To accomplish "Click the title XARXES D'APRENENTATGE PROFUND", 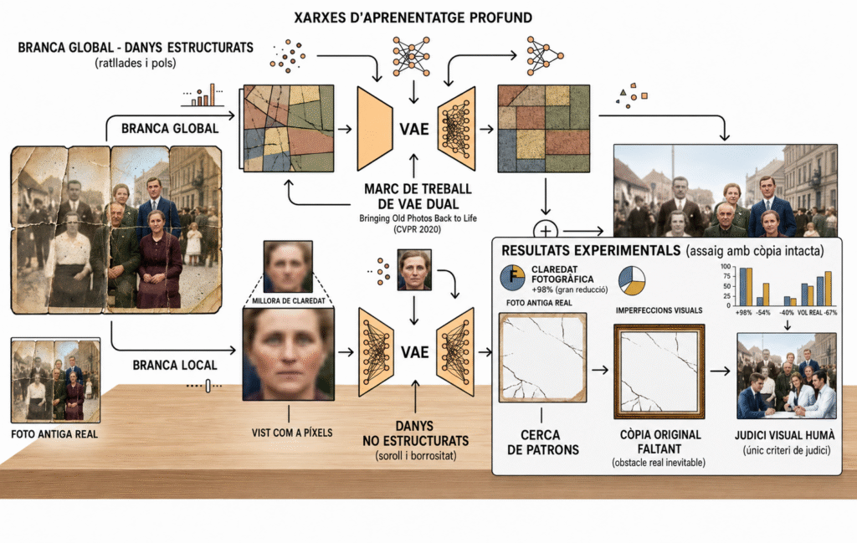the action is (x=413, y=18).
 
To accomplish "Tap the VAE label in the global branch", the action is (x=413, y=129).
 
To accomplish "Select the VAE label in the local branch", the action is (x=415, y=352).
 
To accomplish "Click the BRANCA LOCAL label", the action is (x=175, y=365).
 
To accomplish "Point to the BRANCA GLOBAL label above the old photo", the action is (x=170, y=128).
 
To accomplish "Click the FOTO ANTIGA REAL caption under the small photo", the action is (x=54, y=434).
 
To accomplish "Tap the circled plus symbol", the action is (x=546, y=231).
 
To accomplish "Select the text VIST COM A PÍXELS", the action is (x=292, y=433).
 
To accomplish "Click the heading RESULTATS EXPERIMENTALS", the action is (x=591, y=251).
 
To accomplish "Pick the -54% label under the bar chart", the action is (x=763, y=312).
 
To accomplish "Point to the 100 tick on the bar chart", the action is (x=726, y=267).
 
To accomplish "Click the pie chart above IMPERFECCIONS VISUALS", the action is (x=632, y=280).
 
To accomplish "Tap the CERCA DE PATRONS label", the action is (x=542, y=443).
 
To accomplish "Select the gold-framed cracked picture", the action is (x=659, y=371).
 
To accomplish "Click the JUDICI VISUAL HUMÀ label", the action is (x=785, y=435).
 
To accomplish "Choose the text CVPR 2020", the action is (x=418, y=229).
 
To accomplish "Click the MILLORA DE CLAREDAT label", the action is (x=289, y=301).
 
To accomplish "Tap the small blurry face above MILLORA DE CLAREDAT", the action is (x=288, y=267).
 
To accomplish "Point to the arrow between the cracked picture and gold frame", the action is (x=600, y=371).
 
